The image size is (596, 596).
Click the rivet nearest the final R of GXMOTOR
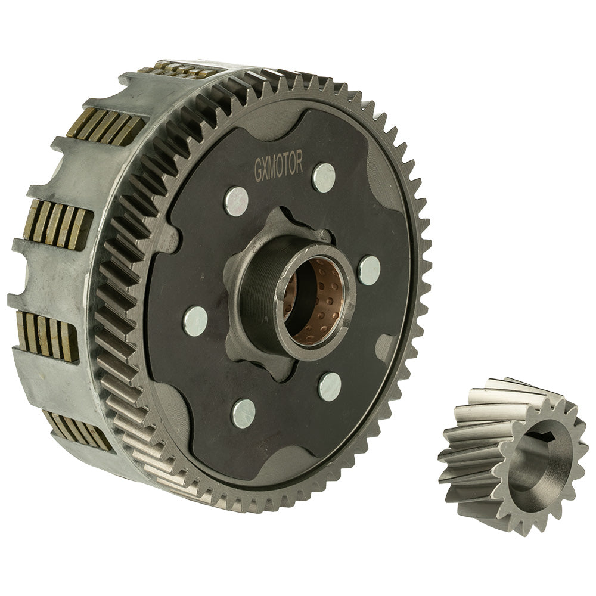click(x=324, y=177)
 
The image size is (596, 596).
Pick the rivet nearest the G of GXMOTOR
click(x=236, y=201)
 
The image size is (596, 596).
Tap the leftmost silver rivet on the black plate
click(x=195, y=321)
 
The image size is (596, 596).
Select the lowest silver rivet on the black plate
click(x=243, y=412)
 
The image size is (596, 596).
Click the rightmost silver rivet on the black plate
click(x=369, y=270)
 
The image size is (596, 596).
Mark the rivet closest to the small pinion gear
click(x=330, y=386)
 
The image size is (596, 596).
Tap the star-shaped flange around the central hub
click(x=238, y=346)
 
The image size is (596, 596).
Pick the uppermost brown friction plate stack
click(x=179, y=70)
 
